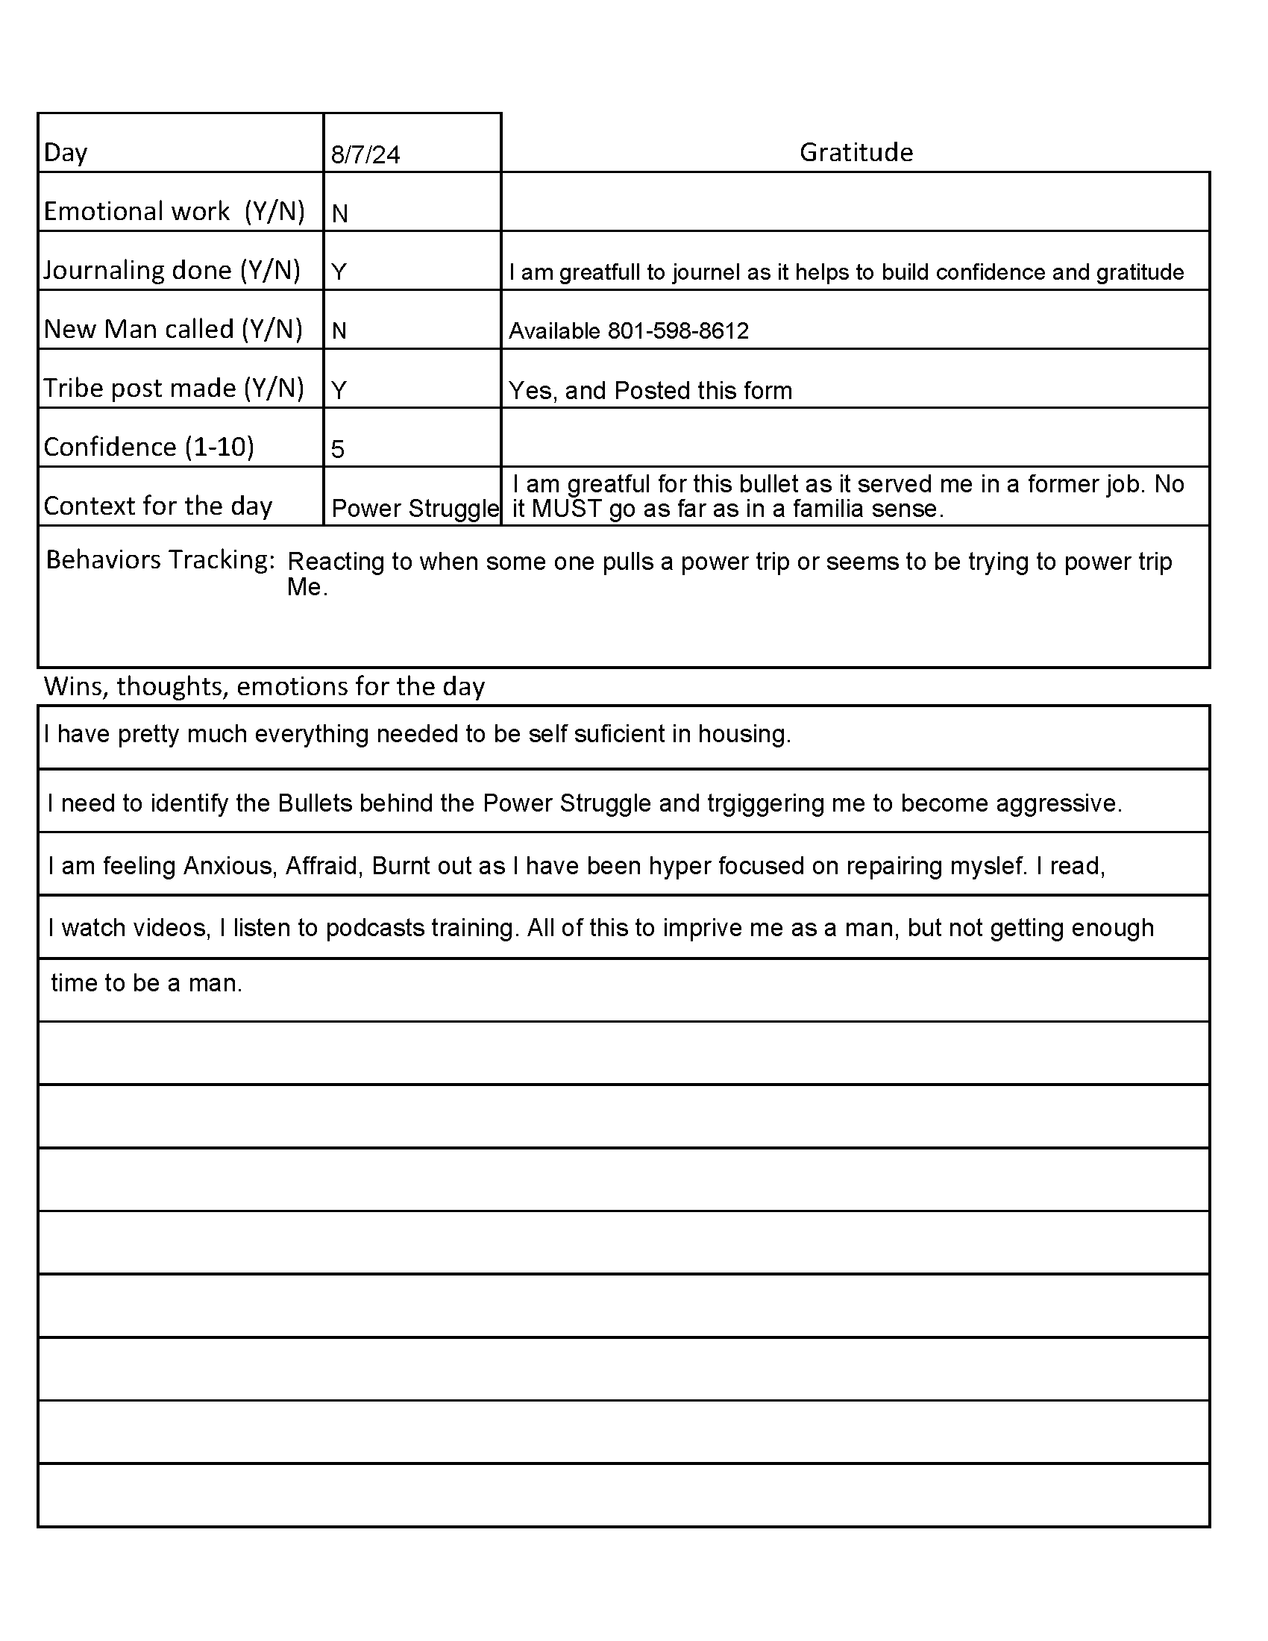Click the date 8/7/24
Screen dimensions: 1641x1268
coord(365,155)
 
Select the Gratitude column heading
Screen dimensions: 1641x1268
coord(856,152)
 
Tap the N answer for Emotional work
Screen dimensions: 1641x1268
coord(339,214)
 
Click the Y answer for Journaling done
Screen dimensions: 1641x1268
coord(339,272)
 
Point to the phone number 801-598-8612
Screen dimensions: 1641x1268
coord(677,331)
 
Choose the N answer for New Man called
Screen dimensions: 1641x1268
coord(339,331)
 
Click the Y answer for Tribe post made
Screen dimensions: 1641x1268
coord(339,391)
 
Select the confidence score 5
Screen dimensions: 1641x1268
coord(337,449)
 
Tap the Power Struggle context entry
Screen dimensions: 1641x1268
coord(415,509)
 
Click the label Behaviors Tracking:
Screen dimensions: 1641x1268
coord(160,559)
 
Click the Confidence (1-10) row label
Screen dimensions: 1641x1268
coord(148,447)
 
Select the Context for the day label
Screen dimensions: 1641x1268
coord(157,506)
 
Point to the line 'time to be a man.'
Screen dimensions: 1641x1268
coord(146,983)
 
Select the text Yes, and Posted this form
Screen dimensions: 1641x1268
coord(650,391)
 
